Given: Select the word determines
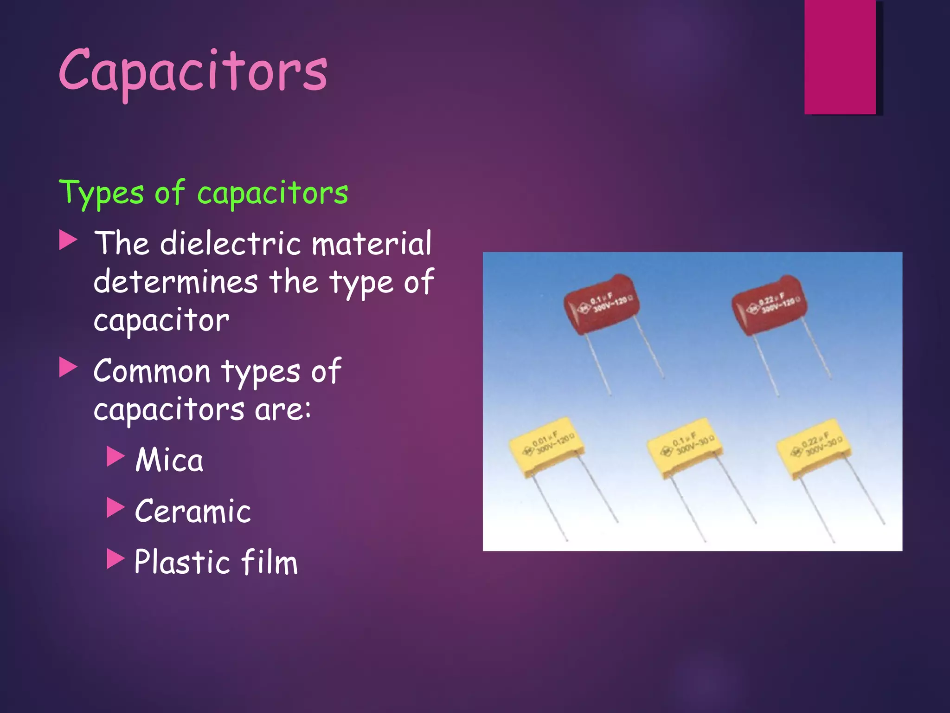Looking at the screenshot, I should click(x=176, y=282).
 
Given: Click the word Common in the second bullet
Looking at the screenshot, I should click(x=152, y=371).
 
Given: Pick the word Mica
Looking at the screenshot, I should click(x=169, y=460).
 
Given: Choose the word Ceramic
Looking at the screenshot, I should click(x=193, y=511).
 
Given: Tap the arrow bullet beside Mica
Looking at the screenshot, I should click(x=116, y=456).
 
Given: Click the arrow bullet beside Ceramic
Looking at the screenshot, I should click(x=116, y=507).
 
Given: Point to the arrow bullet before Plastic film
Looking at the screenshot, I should click(x=116, y=558).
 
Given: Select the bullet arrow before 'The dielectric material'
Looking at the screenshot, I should click(x=68, y=240).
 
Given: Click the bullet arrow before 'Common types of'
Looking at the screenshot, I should click(x=68, y=368).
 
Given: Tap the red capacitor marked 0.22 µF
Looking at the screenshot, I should click(x=769, y=305).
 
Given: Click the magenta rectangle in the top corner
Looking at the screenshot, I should click(x=840, y=57).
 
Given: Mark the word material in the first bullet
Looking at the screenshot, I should click(x=372, y=243).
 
